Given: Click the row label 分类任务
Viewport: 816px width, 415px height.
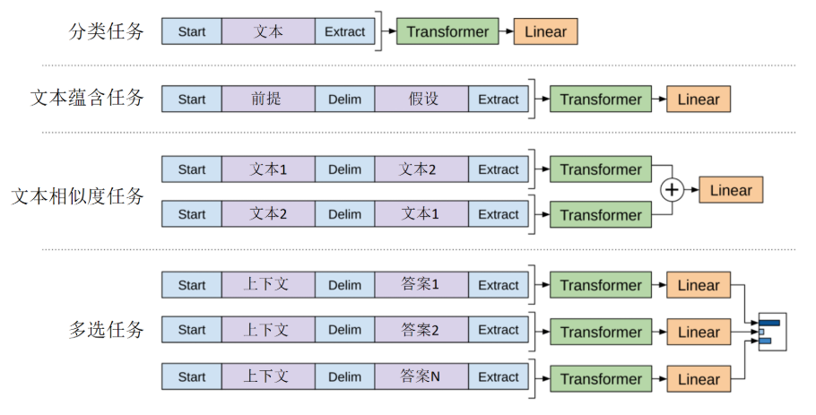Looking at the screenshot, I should [106, 32].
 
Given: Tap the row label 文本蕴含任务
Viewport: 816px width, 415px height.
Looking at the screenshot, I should [87, 99].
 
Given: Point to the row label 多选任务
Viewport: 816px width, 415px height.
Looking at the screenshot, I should [106, 329].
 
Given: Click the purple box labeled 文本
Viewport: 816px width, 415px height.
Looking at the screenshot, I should [267, 32].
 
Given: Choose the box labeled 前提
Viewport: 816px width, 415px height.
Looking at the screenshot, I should [267, 99].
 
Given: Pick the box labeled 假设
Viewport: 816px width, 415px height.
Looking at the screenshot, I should [421, 99].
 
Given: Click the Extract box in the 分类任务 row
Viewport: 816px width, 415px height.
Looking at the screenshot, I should [344, 32].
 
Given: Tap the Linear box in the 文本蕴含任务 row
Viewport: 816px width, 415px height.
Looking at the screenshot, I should [699, 99].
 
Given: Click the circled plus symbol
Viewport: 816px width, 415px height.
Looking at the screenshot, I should [672, 190].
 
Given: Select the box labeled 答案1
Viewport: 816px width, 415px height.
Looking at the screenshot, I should [421, 285].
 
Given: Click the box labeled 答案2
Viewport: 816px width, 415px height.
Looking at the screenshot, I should [421, 330].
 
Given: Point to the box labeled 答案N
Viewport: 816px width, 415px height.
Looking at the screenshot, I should [421, 377].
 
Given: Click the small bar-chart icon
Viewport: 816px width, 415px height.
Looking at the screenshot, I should [770, 332].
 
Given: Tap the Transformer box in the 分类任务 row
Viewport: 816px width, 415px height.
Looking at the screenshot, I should [447, 32].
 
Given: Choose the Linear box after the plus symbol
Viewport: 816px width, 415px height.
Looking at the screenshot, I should [731, 190].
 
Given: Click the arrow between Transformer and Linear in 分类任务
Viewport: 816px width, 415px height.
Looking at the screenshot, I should [506, 32].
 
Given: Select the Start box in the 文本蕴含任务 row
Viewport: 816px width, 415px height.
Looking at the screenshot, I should [191, 99].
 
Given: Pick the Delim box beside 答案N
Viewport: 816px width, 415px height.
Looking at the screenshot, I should [344, 377].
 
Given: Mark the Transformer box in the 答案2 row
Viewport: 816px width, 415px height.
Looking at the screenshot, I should [601, 332].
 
